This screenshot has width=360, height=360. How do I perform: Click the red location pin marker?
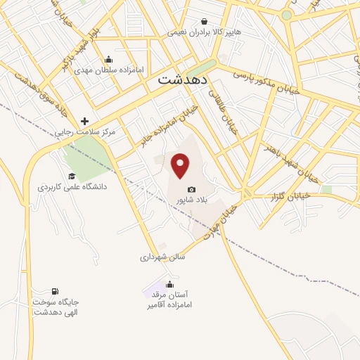(181, 166)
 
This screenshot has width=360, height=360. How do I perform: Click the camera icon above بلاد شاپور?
(191, 189)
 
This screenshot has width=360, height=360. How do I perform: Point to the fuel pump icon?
(55, 291)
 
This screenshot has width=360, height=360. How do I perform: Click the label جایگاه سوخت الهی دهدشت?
(54, 307)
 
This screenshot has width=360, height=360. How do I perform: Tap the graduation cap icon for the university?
(71, 176)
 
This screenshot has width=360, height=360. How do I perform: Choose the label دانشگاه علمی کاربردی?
(72, 188)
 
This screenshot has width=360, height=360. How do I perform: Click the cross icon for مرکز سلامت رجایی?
(85, 121)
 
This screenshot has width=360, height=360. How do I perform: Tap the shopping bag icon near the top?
(204, 22)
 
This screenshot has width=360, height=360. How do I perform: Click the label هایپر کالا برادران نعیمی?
(204, 32)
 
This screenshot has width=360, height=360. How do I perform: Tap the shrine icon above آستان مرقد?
(169, 284)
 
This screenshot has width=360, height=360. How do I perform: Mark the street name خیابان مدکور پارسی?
(266, 83)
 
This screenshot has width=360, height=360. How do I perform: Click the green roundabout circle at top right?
(286, 15)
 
